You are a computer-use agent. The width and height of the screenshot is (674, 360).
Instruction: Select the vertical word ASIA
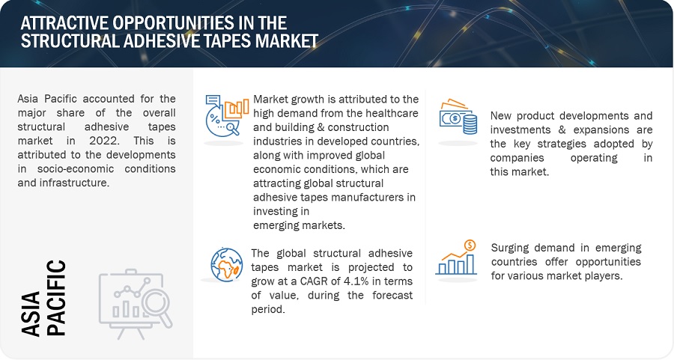tap(31, 314)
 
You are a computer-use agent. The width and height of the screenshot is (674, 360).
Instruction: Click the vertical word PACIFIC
tap(56, 298)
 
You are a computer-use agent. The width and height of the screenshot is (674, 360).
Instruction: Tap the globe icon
tap(226, 265)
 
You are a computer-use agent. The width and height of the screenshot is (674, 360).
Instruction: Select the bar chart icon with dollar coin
tap(457, 257)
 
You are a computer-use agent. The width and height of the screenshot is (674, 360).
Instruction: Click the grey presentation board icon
tap(136, 304)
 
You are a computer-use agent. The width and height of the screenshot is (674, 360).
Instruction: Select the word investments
tap(520, 129)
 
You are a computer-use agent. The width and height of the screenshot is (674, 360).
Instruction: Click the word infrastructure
tap(74, 183)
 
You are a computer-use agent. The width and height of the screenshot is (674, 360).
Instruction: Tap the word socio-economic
tap(76, 168)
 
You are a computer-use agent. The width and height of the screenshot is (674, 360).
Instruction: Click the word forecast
tap(392, 295)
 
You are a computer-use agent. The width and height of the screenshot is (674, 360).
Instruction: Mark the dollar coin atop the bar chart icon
tap(470, 245)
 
